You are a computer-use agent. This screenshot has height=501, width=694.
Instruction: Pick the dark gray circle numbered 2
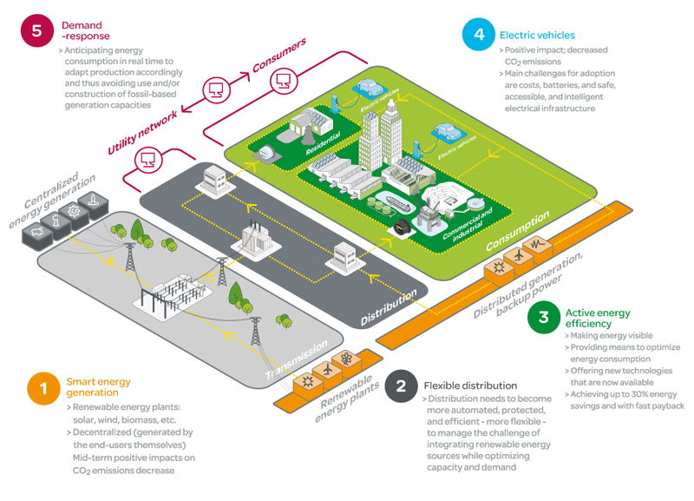click(400, 386)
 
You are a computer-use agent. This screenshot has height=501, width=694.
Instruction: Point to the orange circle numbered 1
click(42, 387)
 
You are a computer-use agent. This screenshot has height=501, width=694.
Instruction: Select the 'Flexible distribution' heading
click(470, 385)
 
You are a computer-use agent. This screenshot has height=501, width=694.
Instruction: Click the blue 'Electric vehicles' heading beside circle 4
click(537, 36)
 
